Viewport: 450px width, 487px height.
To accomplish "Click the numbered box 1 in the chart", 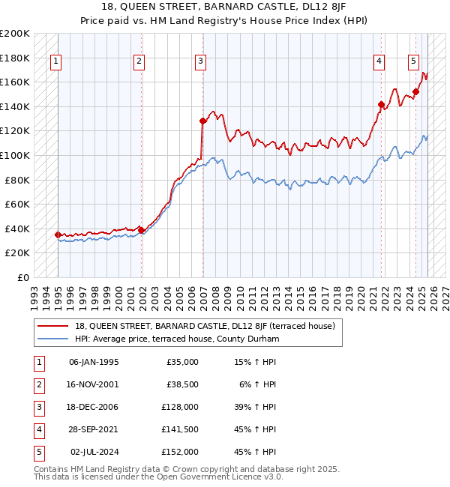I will [58, 62].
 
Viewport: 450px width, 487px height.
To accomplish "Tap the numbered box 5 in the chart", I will [415, 62].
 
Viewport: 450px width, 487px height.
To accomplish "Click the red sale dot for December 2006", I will [202, 121].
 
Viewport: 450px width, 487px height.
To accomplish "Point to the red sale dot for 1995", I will [58, 235].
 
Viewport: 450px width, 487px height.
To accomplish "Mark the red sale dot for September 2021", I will [381, 104].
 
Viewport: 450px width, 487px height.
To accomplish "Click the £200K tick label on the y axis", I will [15, 34].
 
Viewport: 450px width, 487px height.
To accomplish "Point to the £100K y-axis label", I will [15, 155].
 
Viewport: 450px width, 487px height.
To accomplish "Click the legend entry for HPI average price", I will [176, 339].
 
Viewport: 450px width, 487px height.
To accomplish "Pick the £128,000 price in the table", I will [180, 407].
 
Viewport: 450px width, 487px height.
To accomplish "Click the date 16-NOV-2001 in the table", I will [94, 384].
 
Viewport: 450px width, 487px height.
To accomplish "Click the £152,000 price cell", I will [180, 452].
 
